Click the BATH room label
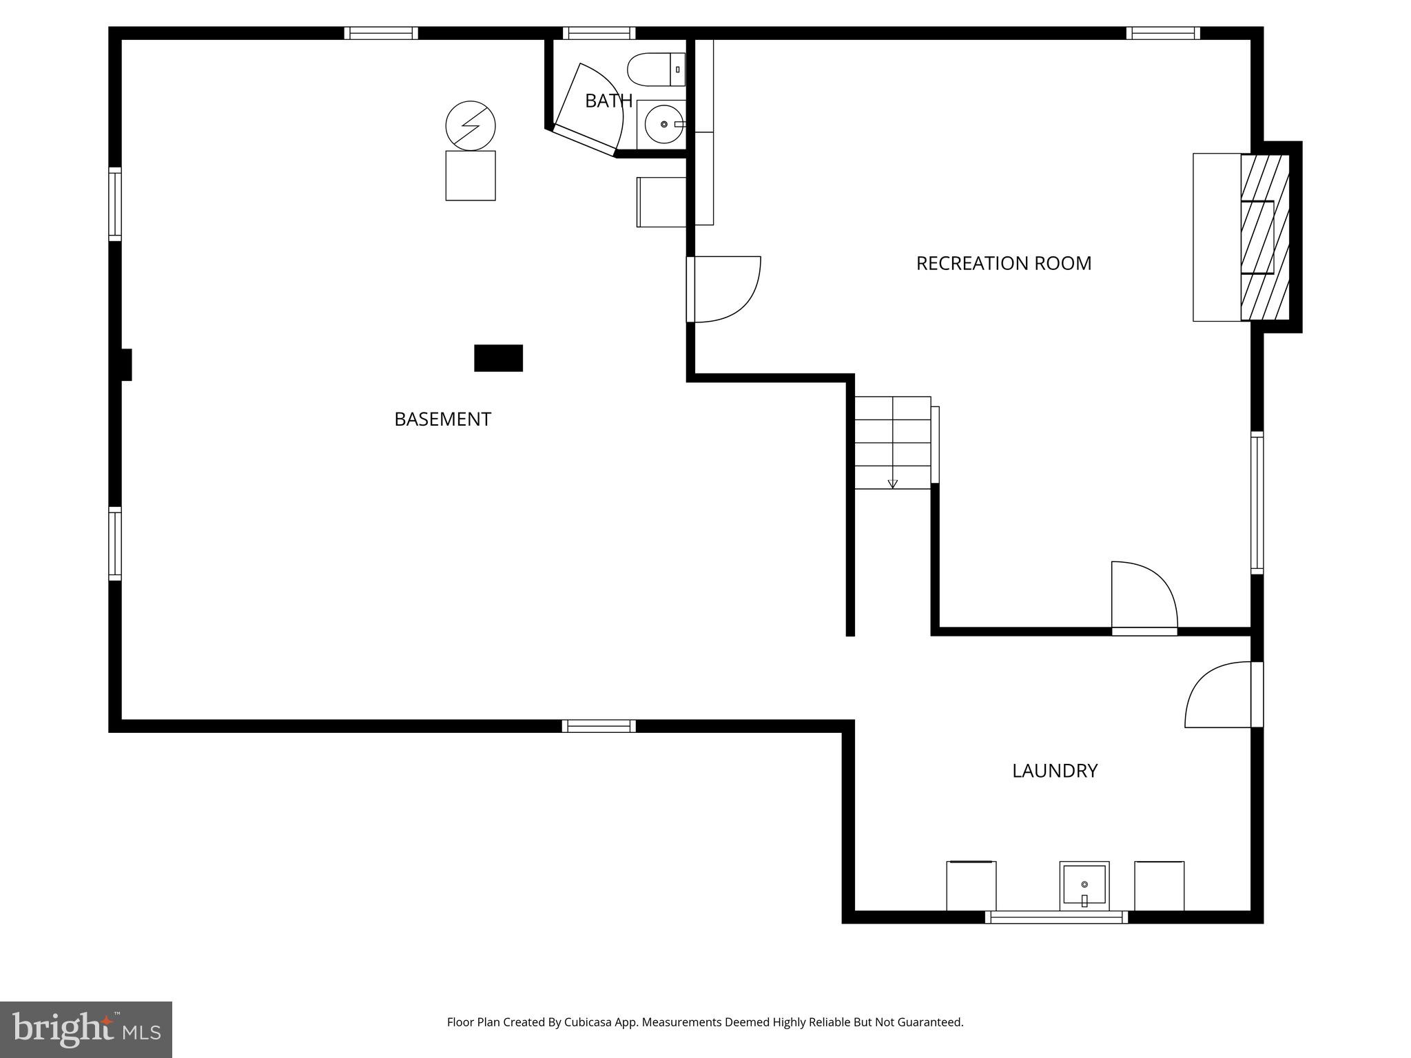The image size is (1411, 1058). [x=608, y=101]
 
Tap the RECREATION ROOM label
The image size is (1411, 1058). [x=1003, y=263]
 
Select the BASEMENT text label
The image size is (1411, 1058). [x=442, y=419]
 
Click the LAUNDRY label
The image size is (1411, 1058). [x=1054, y=770]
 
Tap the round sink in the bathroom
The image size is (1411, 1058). [x=664, y=124]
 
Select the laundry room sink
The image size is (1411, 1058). [x=1084, y=886]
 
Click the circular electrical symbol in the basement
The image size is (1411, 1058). [x=471, y=125]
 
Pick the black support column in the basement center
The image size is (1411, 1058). [x=498, y=358]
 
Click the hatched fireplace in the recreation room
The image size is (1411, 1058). [x=1265, y=237]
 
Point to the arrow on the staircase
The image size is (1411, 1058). [x=893, y=484]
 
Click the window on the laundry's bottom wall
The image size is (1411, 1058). [x=1056, y=917]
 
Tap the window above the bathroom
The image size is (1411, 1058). [x=599, y=33]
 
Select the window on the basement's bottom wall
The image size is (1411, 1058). [x=599, y=725]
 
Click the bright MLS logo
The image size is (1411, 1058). [x=86, y=1029]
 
